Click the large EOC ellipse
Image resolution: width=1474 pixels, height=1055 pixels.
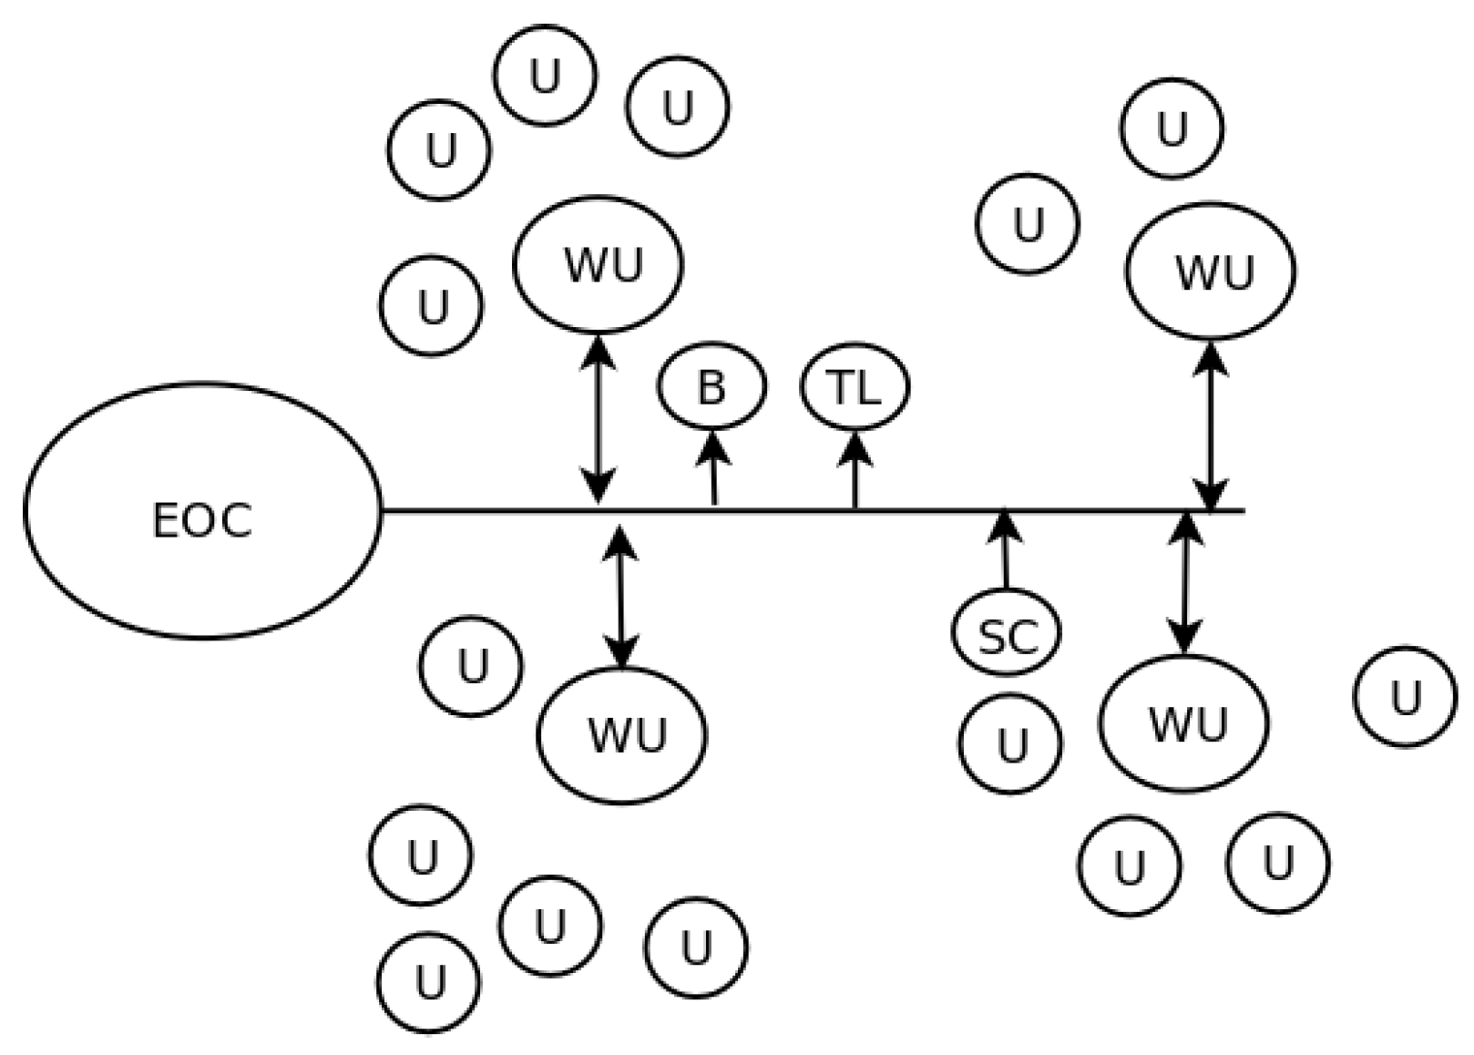point(201,510)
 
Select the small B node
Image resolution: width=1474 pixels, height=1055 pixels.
point(711,386)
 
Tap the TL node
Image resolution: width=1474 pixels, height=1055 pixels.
point(855,387)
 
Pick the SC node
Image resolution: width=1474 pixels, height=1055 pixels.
point(1007,632)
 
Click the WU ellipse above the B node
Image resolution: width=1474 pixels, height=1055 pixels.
point(598,263)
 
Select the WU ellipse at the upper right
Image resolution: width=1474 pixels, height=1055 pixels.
point(1210,271)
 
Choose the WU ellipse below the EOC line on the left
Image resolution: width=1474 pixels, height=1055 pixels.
point(622,734)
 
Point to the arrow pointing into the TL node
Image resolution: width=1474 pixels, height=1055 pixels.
point(855,469)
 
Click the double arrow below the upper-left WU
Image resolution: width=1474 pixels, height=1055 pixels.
point(598,418)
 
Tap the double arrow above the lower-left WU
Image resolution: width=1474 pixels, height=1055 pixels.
point(620,598)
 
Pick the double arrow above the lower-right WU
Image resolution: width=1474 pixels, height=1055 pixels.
point(1184,583)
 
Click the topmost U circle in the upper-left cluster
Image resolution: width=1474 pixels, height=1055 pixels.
point(545,76)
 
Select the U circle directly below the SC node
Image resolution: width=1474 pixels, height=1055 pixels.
point(1010,743)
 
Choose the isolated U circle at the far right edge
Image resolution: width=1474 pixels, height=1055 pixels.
point(1405,697)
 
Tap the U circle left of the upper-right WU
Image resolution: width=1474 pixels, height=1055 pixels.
point(1028,223)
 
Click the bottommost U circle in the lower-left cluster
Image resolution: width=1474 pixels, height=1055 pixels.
point(428,982)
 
